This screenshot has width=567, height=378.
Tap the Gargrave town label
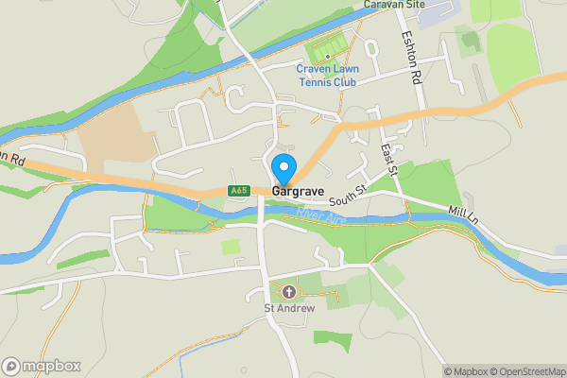(299, 192)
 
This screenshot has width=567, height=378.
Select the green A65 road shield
(239, 191)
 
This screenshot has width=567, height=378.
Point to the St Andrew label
(288, 308)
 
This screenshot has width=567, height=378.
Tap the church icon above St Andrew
(288, 292)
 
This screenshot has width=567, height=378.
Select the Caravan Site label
(400, 5)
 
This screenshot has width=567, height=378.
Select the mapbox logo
(42, 366)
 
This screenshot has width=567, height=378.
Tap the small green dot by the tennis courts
(327, 56)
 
